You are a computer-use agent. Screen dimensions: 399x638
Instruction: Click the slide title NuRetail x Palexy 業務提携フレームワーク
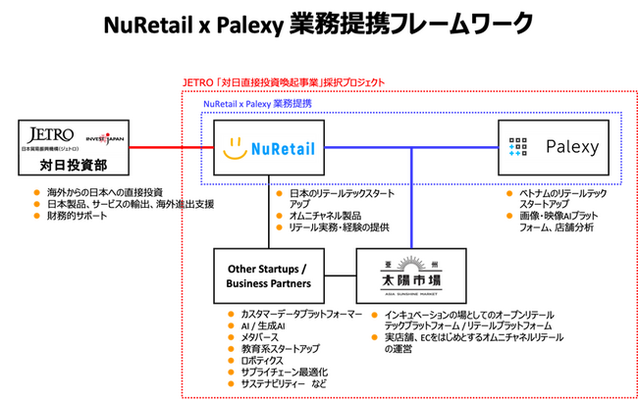[319, 23]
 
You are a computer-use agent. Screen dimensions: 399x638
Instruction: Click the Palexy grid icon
[519, 147]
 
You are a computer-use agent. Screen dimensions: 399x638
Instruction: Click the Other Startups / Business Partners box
[268, 276]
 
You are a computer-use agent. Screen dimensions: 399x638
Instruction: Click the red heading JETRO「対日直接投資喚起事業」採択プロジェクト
[284, 82]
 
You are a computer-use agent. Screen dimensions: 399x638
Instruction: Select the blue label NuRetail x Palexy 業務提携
[256, 103]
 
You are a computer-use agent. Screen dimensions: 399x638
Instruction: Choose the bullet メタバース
[253, 336]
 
